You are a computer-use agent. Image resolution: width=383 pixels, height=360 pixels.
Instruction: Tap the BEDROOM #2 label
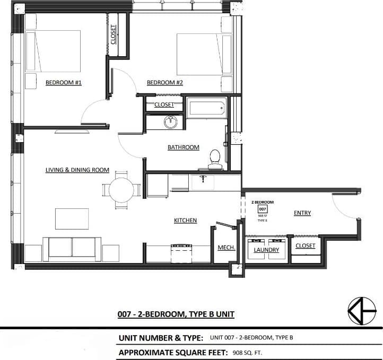click(x=165, y=82)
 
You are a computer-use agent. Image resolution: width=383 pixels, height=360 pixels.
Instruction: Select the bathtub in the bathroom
click(x=206, y=109)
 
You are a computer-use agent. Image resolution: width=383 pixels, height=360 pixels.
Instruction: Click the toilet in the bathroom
click(x=215, y=159)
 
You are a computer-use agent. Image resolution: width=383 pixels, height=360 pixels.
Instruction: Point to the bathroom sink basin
click(x=170, y=122)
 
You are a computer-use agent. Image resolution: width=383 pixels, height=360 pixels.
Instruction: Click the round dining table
click(x=121, y=190)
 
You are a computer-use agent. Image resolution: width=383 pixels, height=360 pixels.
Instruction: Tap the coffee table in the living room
click(x=72, y=218)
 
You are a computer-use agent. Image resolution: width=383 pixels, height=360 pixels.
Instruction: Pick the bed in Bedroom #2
click(x=197, y=55)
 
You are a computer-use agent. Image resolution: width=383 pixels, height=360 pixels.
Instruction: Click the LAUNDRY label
click(x=266, y=250)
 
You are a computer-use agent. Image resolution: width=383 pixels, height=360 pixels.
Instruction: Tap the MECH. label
click(x=227, y=248)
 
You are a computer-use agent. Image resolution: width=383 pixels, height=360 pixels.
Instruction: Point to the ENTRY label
click(x=302, y=213)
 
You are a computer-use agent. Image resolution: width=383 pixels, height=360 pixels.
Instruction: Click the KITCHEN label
click(x=186, y=220)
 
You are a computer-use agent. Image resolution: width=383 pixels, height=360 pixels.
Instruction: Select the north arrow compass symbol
click(x=362, y=311)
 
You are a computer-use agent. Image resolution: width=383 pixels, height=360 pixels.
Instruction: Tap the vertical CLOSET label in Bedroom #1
click(x=114, y=35)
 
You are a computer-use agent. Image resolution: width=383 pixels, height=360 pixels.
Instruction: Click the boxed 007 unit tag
click(x=262, y=209)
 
